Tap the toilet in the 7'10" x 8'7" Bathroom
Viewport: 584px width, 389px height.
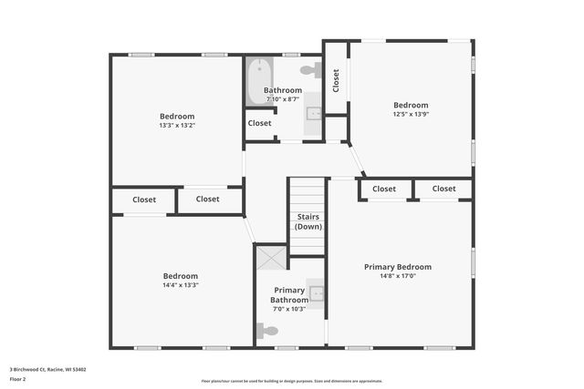click(x=309, y=69)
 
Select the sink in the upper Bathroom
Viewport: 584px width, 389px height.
click(x=314, y=113)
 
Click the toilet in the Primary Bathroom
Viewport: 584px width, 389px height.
click(x=267, y=332)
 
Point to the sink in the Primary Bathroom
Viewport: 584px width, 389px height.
click(x=317, y=293)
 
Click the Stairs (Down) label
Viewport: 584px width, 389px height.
click(x=308, y=221)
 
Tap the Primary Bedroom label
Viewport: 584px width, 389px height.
click(x=397, y=267)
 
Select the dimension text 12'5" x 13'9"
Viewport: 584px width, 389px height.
click(x=411, y=115)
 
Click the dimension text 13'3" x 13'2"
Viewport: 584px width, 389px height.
click(x=177, y=125)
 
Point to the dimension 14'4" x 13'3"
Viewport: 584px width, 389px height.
click(x=180, y=285)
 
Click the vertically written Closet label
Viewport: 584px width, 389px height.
click(x=336, y=80)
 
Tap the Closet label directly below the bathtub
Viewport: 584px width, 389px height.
click(x=259, y=123)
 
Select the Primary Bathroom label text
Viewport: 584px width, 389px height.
click(x=289, y=295)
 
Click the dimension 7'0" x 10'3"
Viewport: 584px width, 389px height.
click(x=289, y=309)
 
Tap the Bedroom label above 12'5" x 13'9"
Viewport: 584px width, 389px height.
click(x=411, y=105)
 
